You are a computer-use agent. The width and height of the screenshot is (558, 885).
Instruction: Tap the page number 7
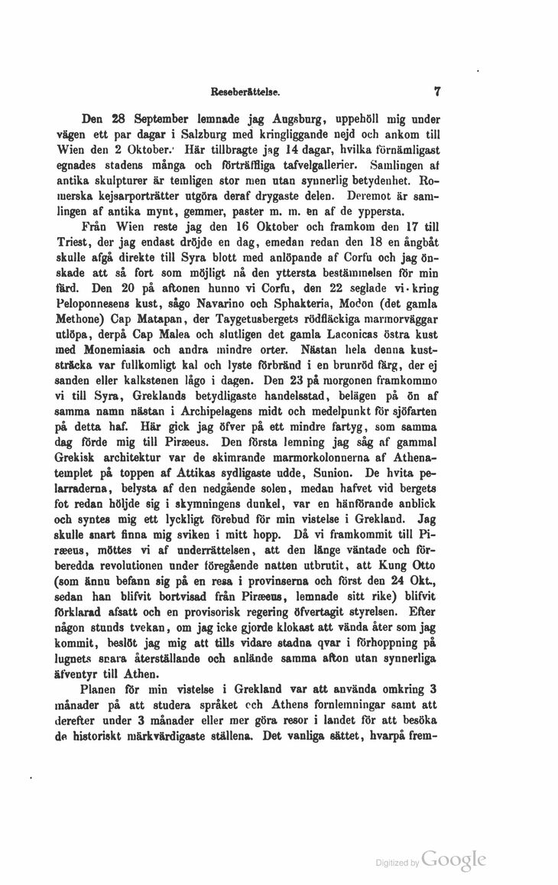[x=439, y=91]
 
